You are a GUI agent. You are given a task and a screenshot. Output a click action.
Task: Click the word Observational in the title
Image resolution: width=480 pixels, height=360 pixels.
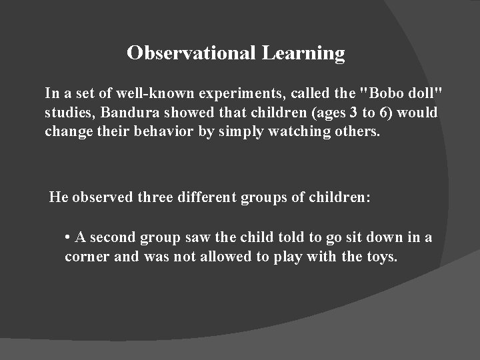pos(191,53)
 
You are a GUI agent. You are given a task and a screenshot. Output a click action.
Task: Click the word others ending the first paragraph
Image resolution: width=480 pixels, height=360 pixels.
pos(358,131)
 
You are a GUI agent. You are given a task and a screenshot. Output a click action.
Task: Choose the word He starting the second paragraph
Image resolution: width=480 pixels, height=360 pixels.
pos(60,197)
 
